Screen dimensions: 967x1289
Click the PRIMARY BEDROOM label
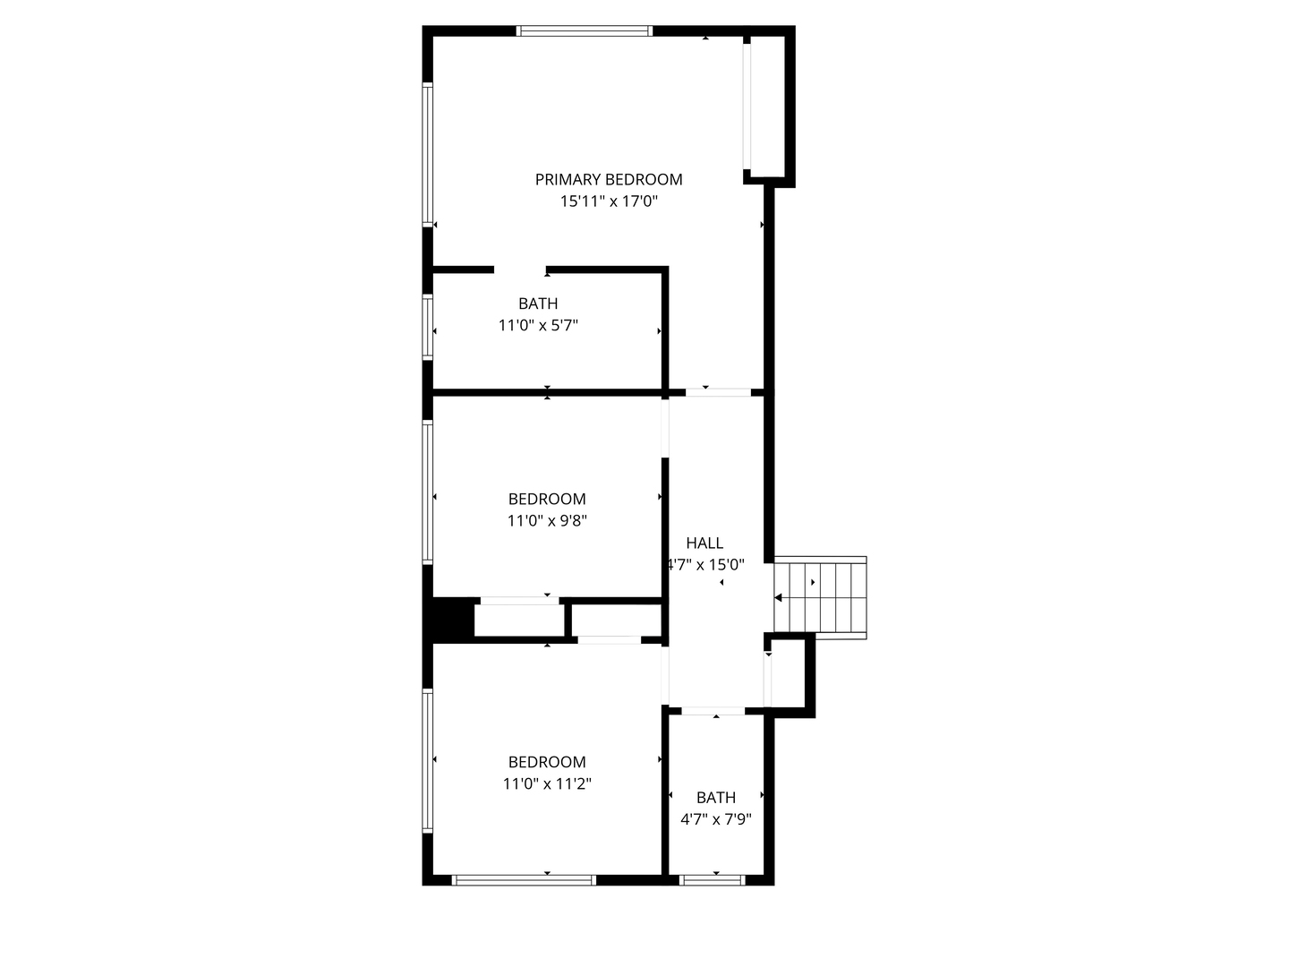pyautogui.click(x=609, y=180)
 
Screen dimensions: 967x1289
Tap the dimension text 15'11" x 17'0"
pyautogui.click(x=609, y=201)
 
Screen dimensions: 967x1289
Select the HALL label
pyautogui.click(x=704, y=543)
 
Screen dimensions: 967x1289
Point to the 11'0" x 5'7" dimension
pyautogui.click(x=538, y=326)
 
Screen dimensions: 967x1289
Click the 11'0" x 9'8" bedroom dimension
pyautogui.click(x=547, y=520)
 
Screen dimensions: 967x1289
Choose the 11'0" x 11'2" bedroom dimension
pyautogui.click(x=547, y=783)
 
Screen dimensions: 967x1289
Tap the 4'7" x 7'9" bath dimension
pyautogui.click(x=716, y=818)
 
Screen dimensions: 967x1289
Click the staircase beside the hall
pyautogui.click(x=821, y=597)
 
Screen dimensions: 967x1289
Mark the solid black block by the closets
pyautogui.click(x=452, y=619)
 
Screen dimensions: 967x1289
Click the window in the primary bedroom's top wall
pyautogui.click(x=585, y=31)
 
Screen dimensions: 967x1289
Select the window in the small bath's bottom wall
pyautogui.click(x=713, y=880)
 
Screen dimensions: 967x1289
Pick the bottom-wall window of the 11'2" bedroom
pyautogui.click(x=525, y=880)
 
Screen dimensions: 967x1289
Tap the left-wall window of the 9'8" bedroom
pyautogui.click(x=428, y=492)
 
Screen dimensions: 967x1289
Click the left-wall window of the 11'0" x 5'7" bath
pyautogui.click(x=428, y=328)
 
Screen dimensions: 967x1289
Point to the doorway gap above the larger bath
pyautogui.click(x=520, y=270)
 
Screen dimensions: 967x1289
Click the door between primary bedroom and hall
pyautogui.click(x=718, y=392)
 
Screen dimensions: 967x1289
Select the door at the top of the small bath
pyautogui.click(x=713, y=711)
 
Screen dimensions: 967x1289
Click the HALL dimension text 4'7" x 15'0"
pyautogui.click(x=706, y=565)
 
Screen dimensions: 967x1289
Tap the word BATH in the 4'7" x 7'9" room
pyautogui.click(x=716, y=797)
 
